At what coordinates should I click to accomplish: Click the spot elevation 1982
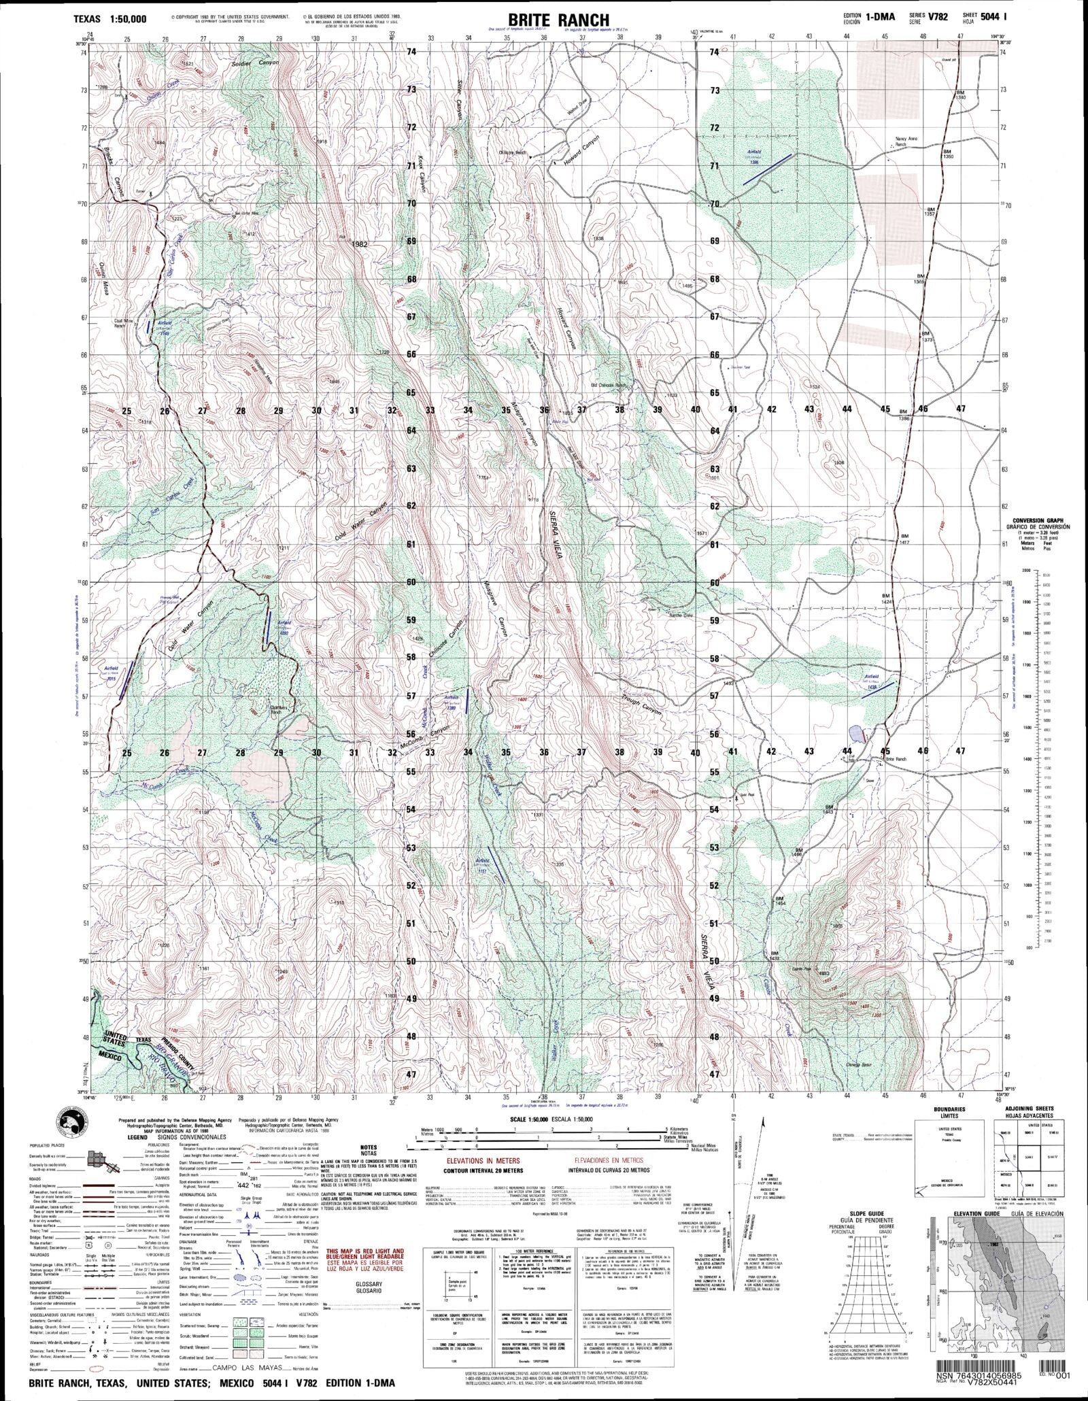[x=360, y=243]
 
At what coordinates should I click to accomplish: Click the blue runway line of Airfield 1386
[x=767, y=169]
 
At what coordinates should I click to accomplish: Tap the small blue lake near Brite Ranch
[x=857, y=734]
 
